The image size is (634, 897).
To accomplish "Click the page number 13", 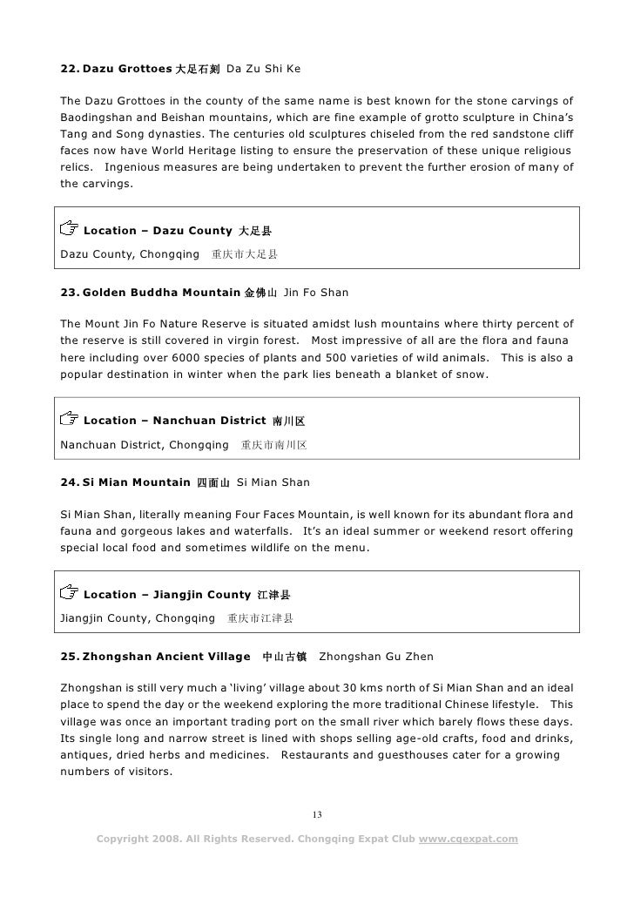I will [317, 814].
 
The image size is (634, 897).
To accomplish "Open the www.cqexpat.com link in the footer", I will [468, 840].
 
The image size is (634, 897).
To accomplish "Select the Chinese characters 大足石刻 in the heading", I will [198, 68].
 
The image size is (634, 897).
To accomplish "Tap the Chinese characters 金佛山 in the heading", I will [260, 293].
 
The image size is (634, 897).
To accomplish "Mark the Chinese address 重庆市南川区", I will [273, 445].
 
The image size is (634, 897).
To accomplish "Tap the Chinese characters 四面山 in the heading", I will [212, 482].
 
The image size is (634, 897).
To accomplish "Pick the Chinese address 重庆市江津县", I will [260, 619].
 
